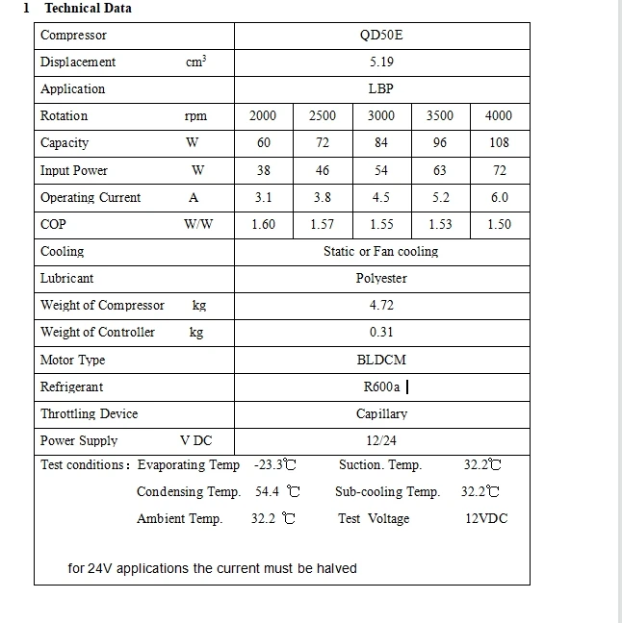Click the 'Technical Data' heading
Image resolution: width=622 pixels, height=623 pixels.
pos(88,8)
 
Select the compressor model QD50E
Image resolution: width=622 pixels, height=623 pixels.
pos(381,36)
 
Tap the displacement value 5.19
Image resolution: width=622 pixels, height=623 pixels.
pos(381,62)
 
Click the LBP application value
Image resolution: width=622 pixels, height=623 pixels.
pos(381,88)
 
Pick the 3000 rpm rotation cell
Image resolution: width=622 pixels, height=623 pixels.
pos(381,115)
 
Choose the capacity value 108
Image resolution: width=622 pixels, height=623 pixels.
pos(499,142)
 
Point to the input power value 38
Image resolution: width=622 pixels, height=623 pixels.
pos(263,170)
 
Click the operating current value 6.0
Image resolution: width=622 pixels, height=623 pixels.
pos(499,197)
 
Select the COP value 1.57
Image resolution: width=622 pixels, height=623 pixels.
pos(323,224)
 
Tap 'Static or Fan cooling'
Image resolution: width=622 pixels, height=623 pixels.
pos(380,251)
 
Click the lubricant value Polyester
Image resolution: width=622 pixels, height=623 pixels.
pos(381,278)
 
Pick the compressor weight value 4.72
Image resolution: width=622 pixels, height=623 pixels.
pos(381,305)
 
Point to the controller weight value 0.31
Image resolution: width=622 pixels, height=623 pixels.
pos(381,332)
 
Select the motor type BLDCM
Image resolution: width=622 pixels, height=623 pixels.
pos(381,360)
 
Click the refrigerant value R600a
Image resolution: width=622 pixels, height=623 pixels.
pos(380,386)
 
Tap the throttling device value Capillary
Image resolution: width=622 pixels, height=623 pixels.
pos(381,413)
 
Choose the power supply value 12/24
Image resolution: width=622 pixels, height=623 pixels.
pos(381,440)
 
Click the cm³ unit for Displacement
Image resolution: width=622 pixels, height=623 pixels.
pos(195,62)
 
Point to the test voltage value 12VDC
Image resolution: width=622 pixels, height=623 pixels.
pos(486,518)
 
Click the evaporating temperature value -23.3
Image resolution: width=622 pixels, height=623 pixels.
pos(273,464)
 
